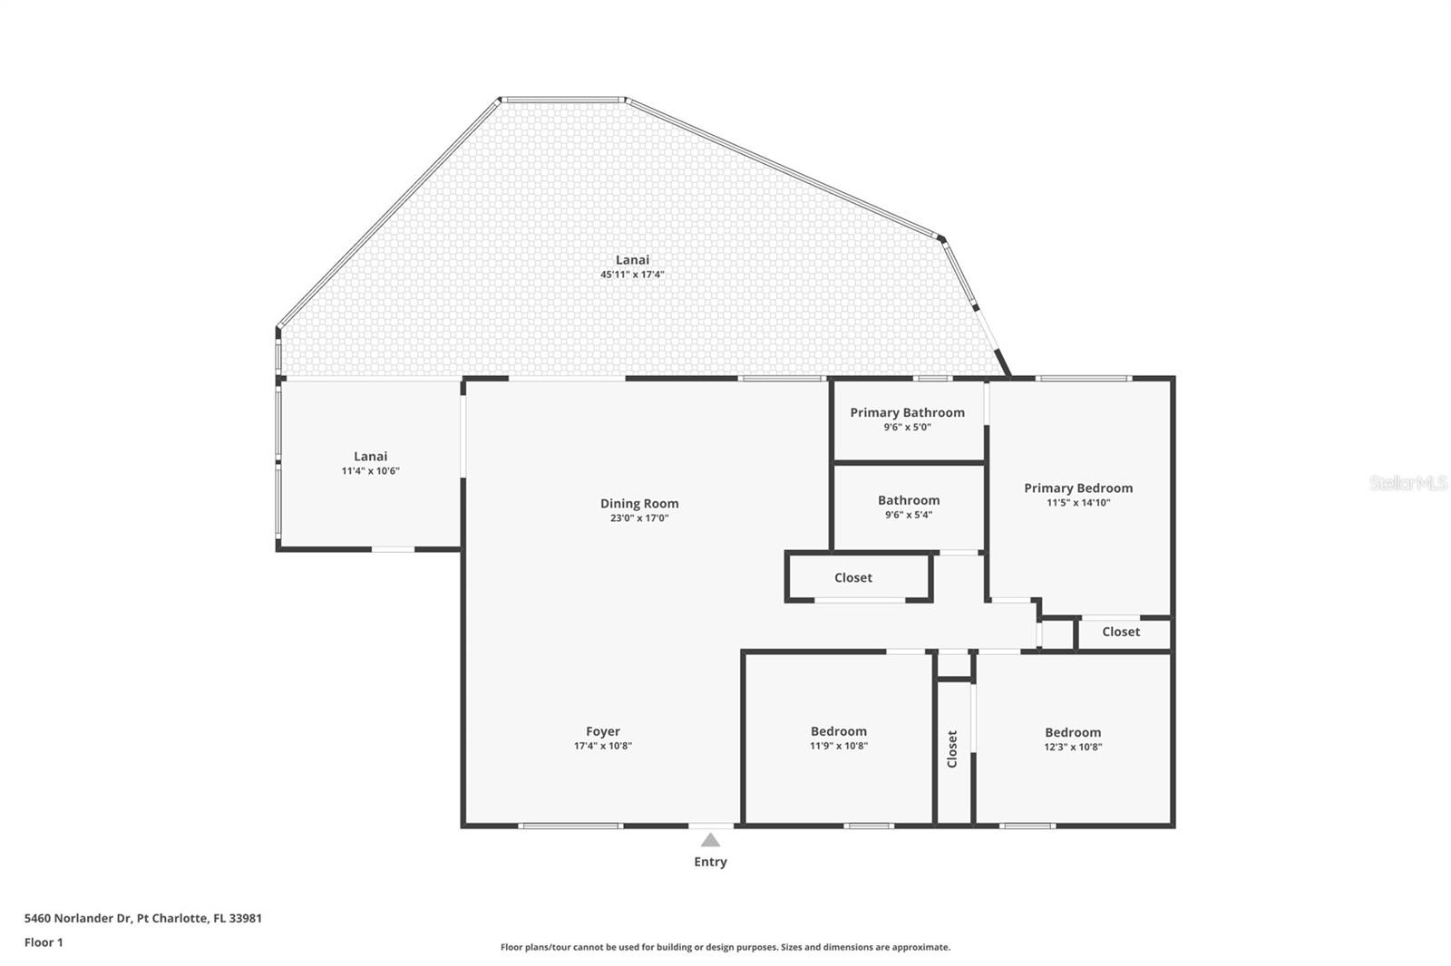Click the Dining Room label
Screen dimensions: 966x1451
pos(639,504)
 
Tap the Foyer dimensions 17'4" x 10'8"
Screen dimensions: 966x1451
pos(603,747)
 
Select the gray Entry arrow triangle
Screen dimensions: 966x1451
pos(710,840)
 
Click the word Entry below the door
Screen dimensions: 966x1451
pos(710,862)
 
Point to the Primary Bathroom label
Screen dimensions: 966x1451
pos(907,412)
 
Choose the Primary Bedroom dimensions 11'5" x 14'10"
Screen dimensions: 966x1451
pos(1078,503)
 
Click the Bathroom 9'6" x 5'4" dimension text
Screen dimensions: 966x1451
pos(909,515)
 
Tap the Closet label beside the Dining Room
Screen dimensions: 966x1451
pos(853,577)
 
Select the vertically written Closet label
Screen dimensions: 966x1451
pos(952,749)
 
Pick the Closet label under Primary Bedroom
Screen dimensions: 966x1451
pos(1121,632)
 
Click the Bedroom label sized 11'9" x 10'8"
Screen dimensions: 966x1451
pos(839,731)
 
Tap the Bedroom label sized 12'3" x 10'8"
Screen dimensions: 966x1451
pos(1073,732)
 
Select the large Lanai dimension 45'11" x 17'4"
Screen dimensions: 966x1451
pos(632,275)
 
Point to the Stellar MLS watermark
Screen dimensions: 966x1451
pos(1407,483)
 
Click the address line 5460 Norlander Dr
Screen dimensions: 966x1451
pos(143,918)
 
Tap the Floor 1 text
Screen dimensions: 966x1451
pos(44,942)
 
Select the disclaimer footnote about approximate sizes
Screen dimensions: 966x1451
pos(725,947)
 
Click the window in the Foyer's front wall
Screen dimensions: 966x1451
pos(570,826)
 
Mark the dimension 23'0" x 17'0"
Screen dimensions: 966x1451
pos(639,518)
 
